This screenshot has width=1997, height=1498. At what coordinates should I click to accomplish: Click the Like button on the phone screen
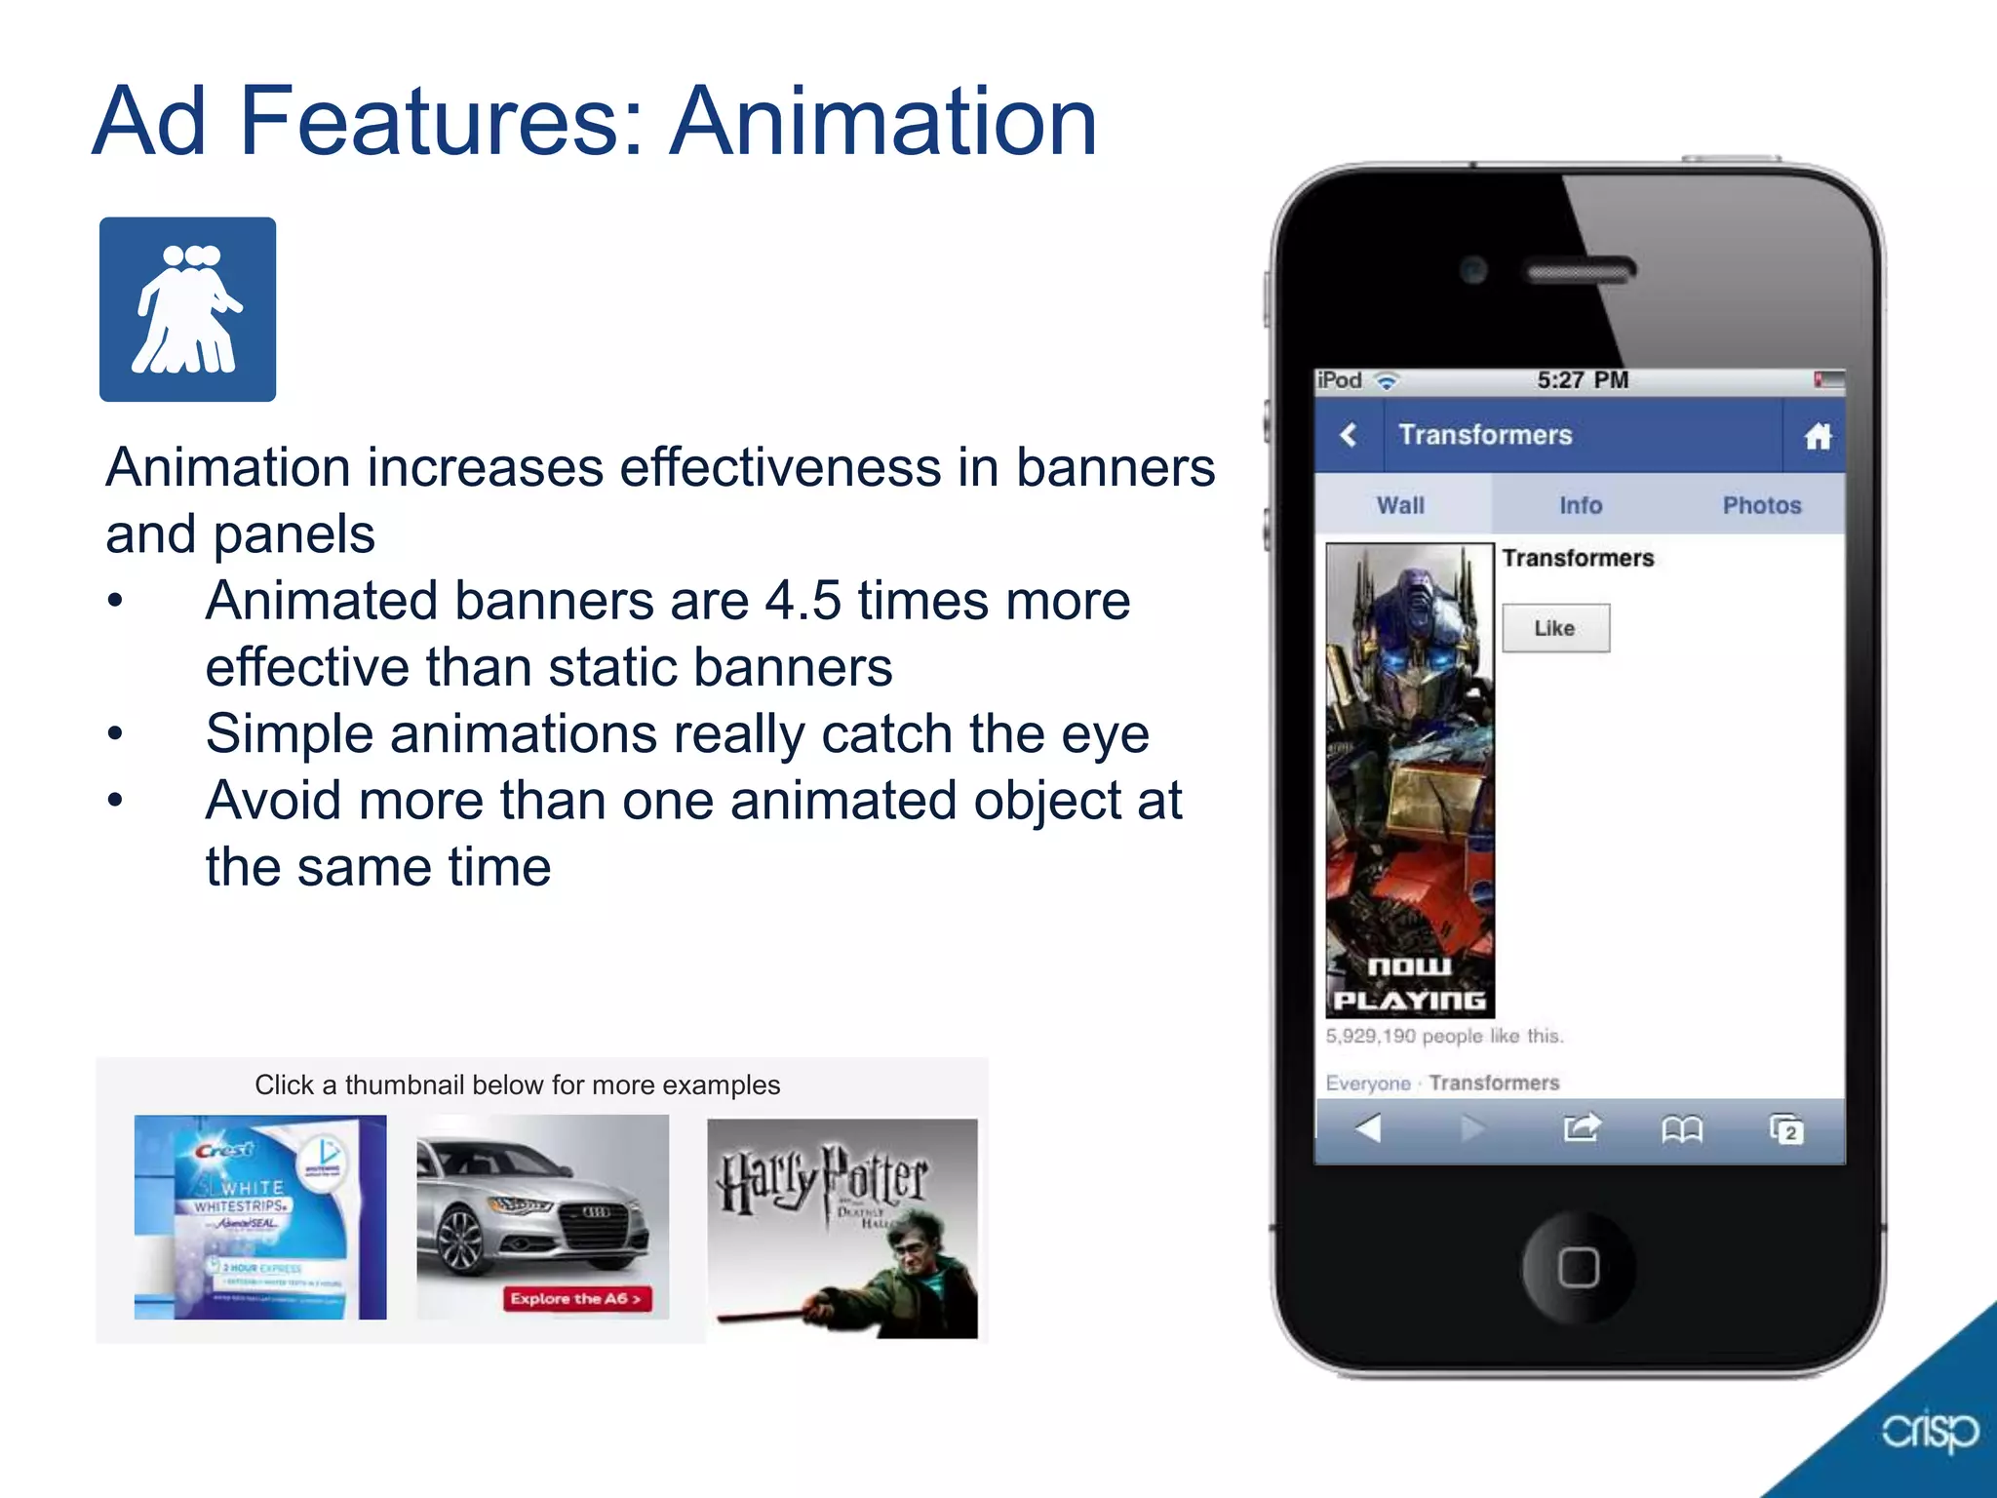pos(1555,628)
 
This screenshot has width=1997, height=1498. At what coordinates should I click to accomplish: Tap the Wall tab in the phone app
pos(1400,505)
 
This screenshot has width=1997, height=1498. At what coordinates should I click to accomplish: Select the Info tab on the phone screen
pos(1580,505)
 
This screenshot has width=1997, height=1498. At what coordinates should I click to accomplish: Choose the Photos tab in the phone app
pos(1761,505)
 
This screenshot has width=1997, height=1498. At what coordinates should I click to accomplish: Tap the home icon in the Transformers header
pos(1818,436)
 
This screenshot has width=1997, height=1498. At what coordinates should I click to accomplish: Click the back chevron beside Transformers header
pos(1349,435)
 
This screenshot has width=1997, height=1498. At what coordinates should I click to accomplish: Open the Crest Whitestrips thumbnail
pos(260,1217)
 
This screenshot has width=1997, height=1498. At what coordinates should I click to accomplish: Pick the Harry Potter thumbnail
pos(842,1228)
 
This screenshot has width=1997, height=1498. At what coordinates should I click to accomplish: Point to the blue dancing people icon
pos(187,309)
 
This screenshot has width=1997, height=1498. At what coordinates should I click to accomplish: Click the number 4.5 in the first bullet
pos(802,601)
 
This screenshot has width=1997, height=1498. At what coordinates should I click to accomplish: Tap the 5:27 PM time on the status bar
pos(1582,380)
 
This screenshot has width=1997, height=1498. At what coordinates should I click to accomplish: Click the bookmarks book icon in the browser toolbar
pos(1682,1129)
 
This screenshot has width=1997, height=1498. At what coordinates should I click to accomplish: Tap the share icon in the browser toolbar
pos(1581,1128)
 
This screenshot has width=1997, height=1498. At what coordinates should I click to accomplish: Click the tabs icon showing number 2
pos(1786,1129)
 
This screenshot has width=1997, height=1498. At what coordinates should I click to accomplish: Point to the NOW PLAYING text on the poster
pos(1409,983)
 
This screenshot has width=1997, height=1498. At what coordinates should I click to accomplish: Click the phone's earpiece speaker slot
pos(1580,270)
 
